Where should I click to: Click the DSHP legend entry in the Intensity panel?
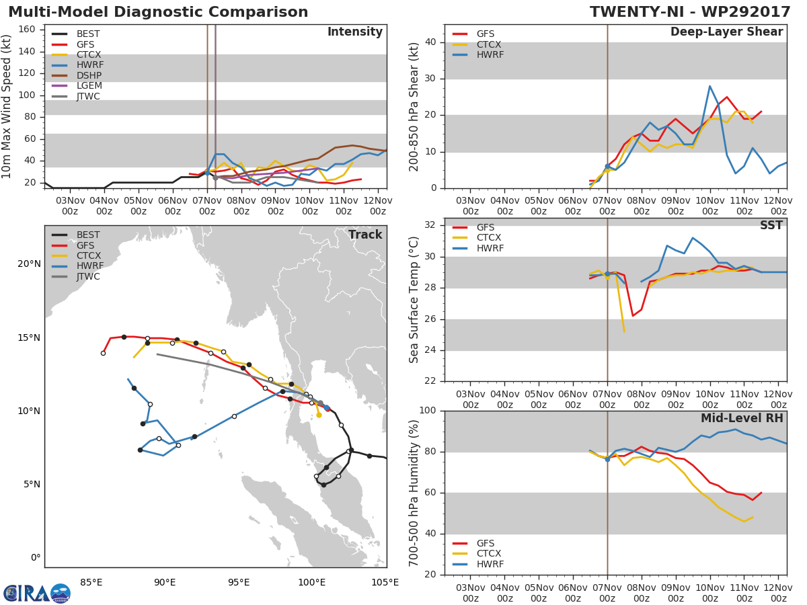tap(77, 75)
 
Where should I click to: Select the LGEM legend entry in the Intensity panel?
tap(77, 85)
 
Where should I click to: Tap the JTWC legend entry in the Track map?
tap(76, 276)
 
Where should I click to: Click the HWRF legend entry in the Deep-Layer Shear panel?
tap(478, 54)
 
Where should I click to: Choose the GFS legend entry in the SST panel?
tap(473, 227)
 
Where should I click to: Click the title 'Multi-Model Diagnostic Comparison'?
tap(158, 12)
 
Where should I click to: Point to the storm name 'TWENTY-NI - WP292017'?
tap(690, 12)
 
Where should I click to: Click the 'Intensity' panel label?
tap(355, 32)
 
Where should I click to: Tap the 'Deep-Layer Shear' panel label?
tap(726, 32)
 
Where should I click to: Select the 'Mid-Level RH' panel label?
tap(742, 418)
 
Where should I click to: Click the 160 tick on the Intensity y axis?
tap(27, 30)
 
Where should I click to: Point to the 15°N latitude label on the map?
tap(29, 337)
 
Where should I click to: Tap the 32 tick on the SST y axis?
tap(430, 225)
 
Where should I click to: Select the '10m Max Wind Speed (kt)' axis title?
tap(6, 106)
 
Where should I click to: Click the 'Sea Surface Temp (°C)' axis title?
tap(414, 300)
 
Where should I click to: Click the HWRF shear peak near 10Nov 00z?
tap(709, 86)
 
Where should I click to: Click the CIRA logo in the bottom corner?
tap(37, 593)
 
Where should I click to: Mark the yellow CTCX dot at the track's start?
tap(319, 415)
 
